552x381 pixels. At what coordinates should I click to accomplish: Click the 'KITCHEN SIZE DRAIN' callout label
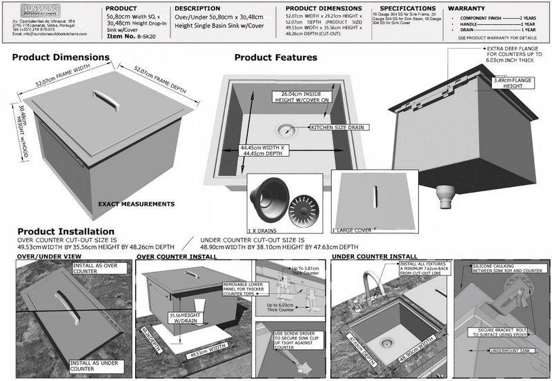point(335,128)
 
